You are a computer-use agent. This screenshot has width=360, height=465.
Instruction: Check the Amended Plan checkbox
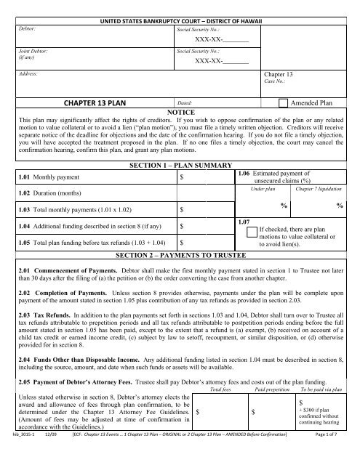pos(282,105)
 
